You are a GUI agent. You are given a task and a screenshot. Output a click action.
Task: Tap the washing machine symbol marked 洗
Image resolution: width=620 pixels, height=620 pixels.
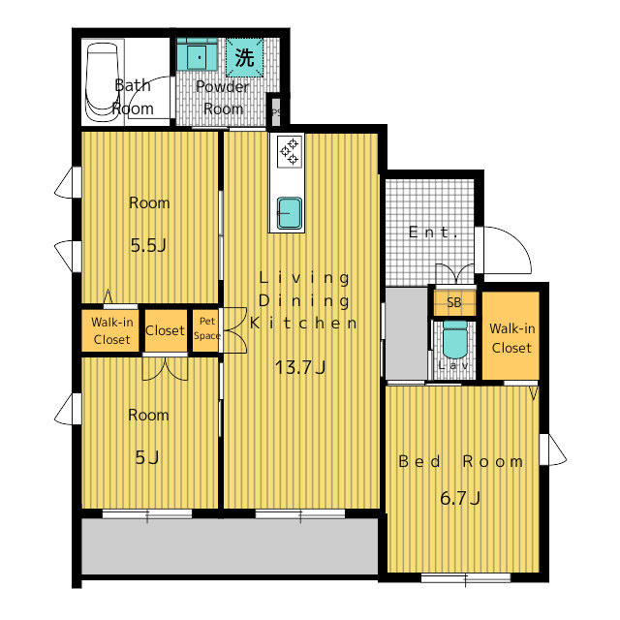[245, 58]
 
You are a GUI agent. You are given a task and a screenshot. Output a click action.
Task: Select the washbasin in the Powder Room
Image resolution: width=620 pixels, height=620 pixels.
[197, 54]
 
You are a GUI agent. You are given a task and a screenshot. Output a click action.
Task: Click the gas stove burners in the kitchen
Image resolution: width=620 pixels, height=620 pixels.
[289, 151]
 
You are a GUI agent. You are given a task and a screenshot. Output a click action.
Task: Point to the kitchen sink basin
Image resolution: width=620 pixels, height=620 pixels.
[290, 213]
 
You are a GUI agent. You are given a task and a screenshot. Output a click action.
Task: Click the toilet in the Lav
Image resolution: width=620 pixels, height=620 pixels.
[454, 339]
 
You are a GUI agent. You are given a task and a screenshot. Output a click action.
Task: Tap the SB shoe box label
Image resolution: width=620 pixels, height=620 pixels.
[454, 302]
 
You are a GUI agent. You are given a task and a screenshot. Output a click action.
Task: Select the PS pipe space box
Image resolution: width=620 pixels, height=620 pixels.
[275, 111]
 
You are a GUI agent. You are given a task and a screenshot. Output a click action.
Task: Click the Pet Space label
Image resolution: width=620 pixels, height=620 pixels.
[206, 328]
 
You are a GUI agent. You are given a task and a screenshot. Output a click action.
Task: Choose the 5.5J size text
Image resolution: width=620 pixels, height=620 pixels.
[148, 245]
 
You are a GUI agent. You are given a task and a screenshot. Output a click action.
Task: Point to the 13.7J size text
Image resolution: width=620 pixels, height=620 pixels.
[300, 367]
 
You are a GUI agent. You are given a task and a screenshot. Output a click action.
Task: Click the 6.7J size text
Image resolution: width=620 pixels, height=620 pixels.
[460, 498]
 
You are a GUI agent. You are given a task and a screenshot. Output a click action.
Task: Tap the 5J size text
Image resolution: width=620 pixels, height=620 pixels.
[147, 457]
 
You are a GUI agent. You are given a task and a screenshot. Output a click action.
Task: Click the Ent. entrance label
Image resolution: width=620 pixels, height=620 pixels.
[433, 232]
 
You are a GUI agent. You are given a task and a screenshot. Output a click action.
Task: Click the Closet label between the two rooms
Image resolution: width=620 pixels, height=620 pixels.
[165, 330]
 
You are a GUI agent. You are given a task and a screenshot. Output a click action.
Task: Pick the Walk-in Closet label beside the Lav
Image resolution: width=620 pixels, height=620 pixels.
[511, 338]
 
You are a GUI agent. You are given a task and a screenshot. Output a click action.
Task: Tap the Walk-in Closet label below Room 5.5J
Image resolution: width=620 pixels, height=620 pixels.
[112, 330]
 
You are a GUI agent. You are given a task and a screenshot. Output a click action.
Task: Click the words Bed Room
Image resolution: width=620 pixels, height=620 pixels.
[461, 461]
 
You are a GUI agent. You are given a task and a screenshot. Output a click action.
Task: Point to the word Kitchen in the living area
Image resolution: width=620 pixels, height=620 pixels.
[303, 323]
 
